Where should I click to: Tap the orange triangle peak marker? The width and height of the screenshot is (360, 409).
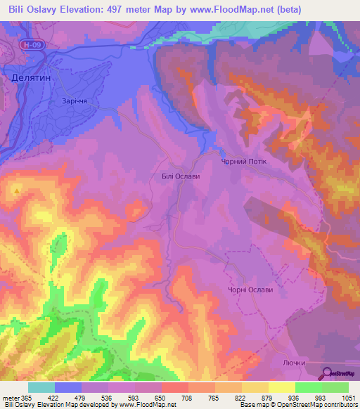15,190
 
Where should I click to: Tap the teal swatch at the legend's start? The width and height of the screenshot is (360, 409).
41,387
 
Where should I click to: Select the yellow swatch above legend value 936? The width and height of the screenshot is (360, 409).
282,387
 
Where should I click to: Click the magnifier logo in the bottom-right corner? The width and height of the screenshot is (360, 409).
326,374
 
